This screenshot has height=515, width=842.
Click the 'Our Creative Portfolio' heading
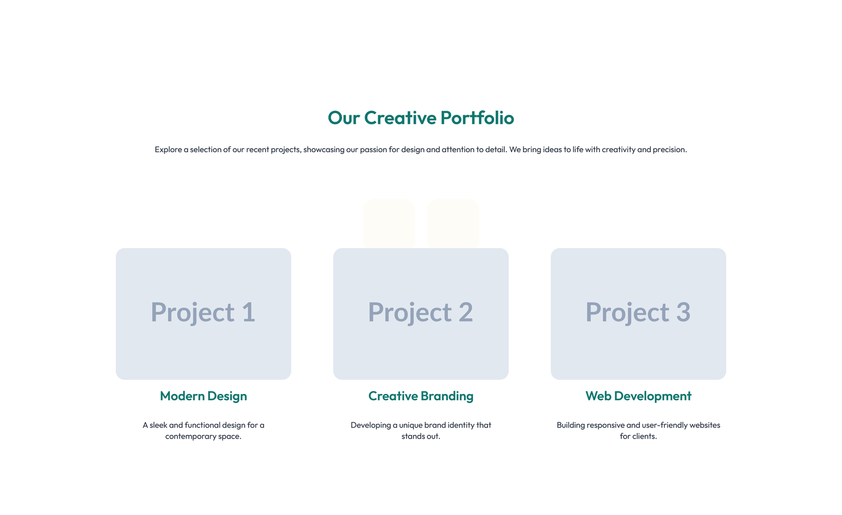[420, 117]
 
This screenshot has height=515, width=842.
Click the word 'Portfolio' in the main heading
[477, 117]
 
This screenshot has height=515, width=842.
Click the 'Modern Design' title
[203, 396]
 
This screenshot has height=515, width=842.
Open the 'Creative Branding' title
[420, 396]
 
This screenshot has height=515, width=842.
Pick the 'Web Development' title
[638, 396]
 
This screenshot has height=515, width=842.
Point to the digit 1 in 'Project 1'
[248, 312]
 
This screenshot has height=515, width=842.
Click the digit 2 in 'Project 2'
[465, 312]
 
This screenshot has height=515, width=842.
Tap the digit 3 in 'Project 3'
[683, 312]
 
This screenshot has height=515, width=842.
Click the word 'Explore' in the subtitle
[168, 150]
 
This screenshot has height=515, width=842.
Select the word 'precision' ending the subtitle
[669, 150]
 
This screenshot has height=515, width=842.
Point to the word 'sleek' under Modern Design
[158, 425]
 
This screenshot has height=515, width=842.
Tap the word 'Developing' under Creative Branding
[370, 425]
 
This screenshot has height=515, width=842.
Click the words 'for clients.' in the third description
[638, 436]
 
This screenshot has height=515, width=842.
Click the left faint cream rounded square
[388, 223]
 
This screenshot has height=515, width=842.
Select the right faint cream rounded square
[453, 223]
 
